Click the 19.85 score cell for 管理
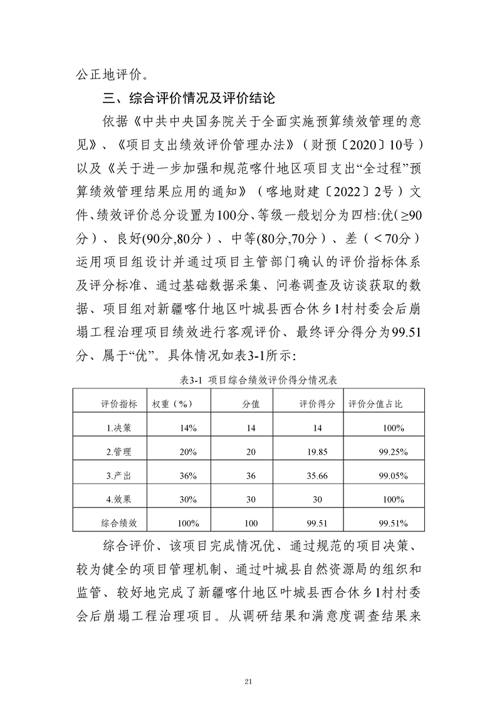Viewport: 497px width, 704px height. point(318,452)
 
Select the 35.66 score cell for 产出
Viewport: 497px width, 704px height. point(318,476)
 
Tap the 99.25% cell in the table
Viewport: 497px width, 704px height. point(393,452)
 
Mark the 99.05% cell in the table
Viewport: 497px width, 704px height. point(393,476)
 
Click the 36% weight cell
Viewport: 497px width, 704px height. point(188,476)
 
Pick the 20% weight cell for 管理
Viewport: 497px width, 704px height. point(188,452)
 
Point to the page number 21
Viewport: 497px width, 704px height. point(249,664)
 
